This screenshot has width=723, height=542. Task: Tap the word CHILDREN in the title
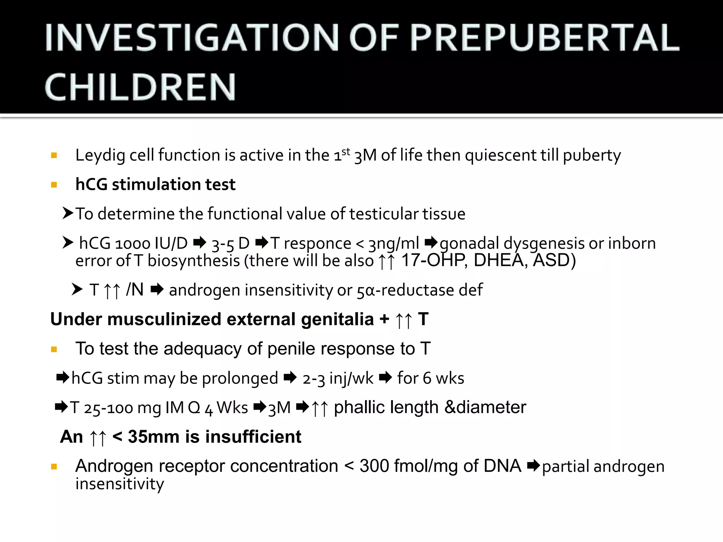pyautogui.click(x=140, y=87)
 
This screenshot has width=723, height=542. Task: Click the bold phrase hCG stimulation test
pyautogui.click(x=155, y=185)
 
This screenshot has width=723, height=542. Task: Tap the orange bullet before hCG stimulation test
pyautogui.click(x=54, y=185)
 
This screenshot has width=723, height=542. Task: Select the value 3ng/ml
pyautogui.click(x=394, y=243)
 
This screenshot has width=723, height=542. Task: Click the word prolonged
pyautogui.click(x=240, y=378)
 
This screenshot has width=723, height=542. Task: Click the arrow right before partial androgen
pyautogui.click(x=533, y=466)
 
